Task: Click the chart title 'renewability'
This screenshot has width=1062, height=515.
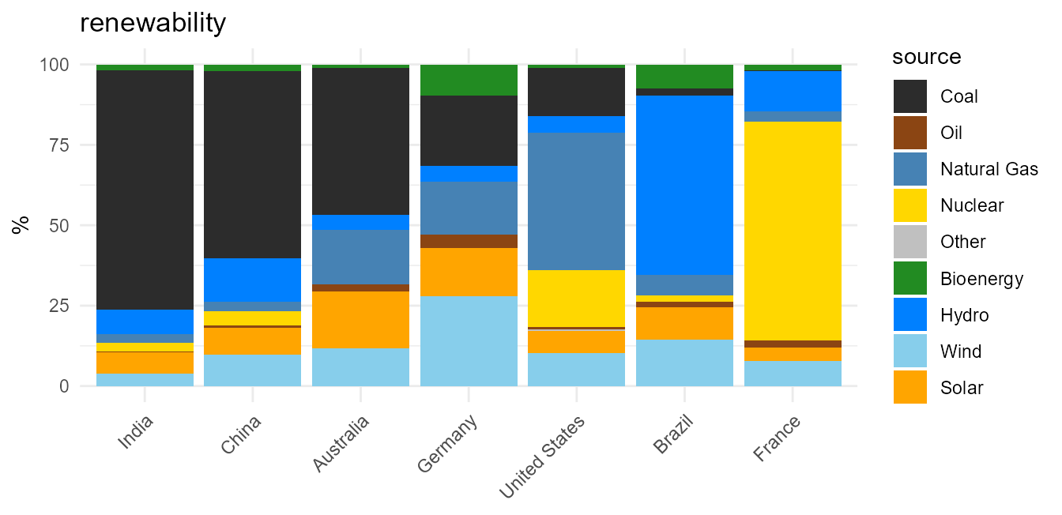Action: tap(153, 23)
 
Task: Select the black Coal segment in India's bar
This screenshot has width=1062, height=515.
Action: tap(145, 190)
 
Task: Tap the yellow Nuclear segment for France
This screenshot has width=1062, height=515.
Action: tap(793, 231)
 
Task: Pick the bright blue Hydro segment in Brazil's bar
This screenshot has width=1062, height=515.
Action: tap(684, 186)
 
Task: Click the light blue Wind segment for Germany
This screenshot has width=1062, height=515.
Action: tap(469, 341)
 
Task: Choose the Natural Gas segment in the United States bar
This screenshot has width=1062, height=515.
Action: tap(577, 201)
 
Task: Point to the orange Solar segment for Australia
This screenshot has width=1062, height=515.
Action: tap(361, 320)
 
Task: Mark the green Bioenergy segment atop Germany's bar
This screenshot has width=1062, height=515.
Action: tap(469, 80)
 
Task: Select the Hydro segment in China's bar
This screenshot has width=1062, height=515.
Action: tap(253, 280)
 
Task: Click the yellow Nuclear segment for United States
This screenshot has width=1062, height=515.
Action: tap(577, 299)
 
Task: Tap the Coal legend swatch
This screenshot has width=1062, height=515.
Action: tap(909, 96)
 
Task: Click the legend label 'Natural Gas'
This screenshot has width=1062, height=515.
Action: tap(989, 169)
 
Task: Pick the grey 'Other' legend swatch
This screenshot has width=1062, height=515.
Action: tap(909, 242)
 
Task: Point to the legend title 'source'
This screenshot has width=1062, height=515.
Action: tap(926, 57)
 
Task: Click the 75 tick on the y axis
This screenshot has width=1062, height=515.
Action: tap(58, 145)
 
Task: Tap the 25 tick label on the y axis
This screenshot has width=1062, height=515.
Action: tap(58, 306)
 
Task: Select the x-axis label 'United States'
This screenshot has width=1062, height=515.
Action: tap(542, 457)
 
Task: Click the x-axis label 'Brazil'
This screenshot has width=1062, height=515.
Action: tap(673, 433)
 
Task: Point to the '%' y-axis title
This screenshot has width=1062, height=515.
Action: tap(21, 225)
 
